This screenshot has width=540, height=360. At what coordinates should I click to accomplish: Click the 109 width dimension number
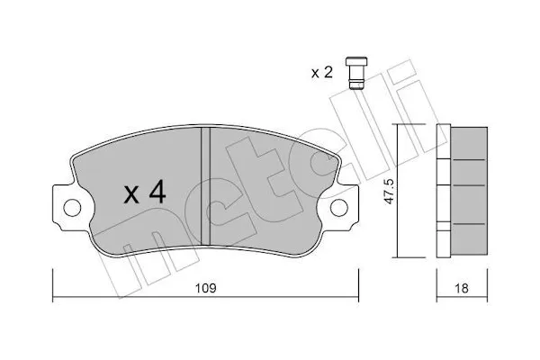(x=205, y=288)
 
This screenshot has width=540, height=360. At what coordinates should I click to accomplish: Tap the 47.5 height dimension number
(x=390, y=191)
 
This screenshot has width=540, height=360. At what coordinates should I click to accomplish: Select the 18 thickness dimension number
(x=462, y=288)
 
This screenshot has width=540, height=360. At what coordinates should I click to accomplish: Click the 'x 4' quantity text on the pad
(x=145, y=193)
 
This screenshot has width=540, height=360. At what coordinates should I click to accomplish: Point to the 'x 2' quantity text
(x=322, y=73)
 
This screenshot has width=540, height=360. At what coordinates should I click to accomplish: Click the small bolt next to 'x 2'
(x=356, y=74)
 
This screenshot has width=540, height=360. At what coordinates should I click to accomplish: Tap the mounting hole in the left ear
(x=72, y=208)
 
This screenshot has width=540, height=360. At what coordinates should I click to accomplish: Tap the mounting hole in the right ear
(x=339, y=208)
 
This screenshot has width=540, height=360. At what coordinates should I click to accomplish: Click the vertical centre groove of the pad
(x=205, y=185)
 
